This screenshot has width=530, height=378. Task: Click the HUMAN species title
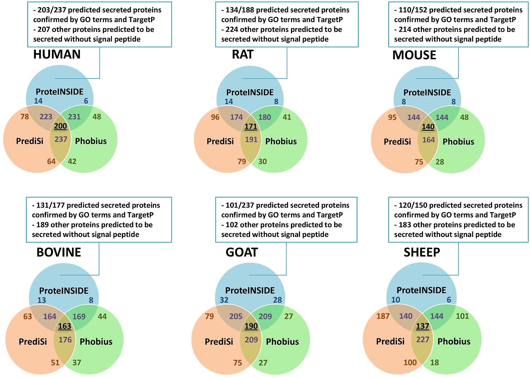[x=57, y=54]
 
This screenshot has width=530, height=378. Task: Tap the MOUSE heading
[x=414, y=55]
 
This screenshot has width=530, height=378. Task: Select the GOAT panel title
[x=242, y=252]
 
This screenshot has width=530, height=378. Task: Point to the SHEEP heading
[x=422, y=252]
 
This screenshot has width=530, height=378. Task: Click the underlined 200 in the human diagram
[x=60, y=126]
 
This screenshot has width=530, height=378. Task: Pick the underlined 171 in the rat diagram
[x=251, y=126]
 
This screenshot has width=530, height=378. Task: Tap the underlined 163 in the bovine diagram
[x=65, y=326]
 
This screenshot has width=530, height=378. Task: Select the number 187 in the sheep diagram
[x=383, y=316]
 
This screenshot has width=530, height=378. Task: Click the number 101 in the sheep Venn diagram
[x=462, y=316]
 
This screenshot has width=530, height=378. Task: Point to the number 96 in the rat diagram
[x=215, y=117]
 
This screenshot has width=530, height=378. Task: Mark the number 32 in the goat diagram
[x=224, y=300]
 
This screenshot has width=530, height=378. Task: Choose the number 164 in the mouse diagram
[x=429, y=140]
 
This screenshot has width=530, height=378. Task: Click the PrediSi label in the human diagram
[x=30, y=141]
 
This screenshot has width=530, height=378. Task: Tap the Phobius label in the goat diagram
[x=282, y=341]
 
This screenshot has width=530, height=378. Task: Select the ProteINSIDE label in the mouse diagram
[x=427, y=92]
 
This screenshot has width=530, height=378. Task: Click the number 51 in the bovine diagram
[x=55, y=362]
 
